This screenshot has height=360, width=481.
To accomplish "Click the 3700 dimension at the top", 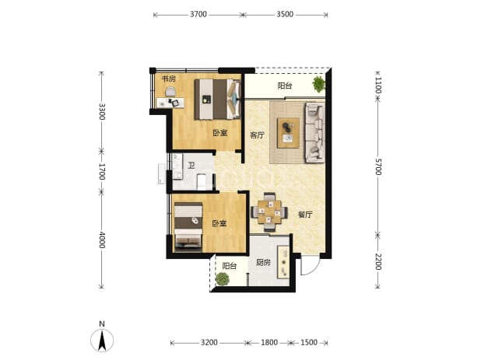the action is [x=198, y=15].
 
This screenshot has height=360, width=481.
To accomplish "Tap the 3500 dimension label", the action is [x=285, y=15].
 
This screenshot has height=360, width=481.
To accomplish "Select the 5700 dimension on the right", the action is [x=378, y=167].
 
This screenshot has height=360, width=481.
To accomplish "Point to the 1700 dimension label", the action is [x=102, y=172].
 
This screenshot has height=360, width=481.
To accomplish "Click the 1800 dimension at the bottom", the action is [x=269, y=342].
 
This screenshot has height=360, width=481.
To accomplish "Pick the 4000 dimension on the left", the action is [x=102, y=240].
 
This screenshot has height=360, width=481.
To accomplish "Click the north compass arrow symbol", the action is [x=102, y=340].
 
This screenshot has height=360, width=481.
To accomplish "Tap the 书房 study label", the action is [x=169, y=79].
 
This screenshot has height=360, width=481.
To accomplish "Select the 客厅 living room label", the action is [x=257, y=135].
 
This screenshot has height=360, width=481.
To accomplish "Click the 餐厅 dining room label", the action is [x=305, y=215].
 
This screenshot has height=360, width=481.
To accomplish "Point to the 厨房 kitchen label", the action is [x=263, y=262].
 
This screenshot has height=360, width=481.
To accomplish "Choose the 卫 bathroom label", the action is [x=191, y=166].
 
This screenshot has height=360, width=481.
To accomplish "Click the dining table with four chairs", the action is [x=269, y=211].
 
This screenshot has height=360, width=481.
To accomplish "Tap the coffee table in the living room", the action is [x=288, y=133].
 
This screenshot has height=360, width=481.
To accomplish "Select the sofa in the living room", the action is [x=314, y=132].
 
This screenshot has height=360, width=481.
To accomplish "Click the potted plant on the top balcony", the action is [x=319, y=84].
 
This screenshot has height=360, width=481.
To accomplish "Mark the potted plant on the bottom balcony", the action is [x=222, y=279].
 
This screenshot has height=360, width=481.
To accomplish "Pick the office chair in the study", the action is [x=170, y=91].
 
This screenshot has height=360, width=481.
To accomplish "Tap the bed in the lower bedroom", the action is [x=188, y=227].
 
